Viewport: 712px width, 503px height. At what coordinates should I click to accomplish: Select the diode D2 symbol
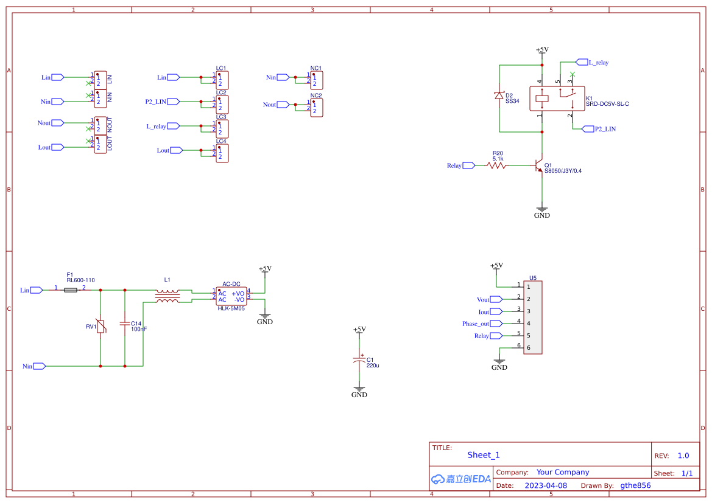499,95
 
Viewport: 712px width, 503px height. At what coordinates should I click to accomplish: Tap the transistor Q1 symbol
539,165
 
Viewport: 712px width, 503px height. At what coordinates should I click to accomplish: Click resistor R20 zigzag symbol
496,165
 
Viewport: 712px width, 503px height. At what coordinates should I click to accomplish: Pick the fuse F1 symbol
71,290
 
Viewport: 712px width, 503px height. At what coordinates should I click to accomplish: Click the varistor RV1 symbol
100,327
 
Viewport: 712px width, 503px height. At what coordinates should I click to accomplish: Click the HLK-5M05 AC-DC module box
231,296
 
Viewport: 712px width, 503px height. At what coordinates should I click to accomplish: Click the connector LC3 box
222,129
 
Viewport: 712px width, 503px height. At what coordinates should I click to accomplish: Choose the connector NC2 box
316,108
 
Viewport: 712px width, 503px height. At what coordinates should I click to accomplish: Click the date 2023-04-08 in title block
546,485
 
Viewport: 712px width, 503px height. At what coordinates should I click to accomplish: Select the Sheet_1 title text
484,455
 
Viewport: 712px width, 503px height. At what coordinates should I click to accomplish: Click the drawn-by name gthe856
635,485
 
